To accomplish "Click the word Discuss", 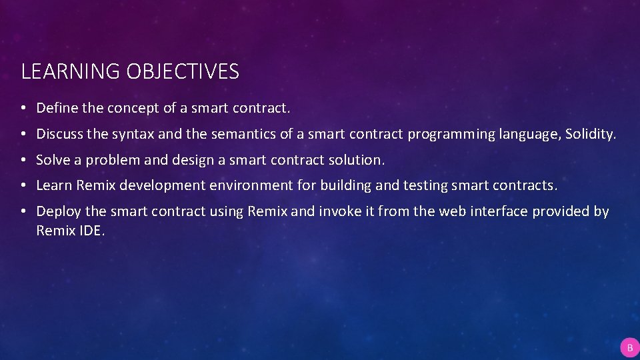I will coord(60,134).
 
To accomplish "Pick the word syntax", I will coord(133,134).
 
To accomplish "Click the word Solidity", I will coord(591,134).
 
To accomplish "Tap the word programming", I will coord(452,134).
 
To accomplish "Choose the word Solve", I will coord(53,160).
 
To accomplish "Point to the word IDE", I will coord(92,231).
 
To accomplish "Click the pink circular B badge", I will coord(629,347).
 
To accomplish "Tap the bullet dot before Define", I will coord(23,108).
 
